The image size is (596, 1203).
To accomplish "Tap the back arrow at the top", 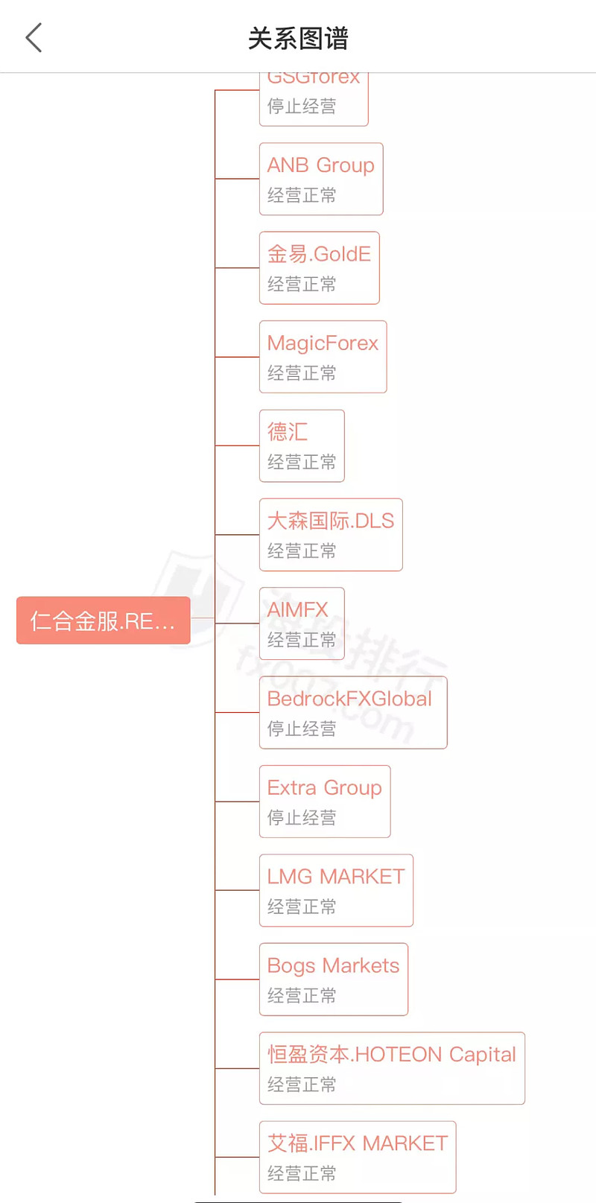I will [x=34, y=38].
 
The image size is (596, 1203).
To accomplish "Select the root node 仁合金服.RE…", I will [x=104, y=620].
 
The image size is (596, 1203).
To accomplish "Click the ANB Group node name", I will [x=320, y=165].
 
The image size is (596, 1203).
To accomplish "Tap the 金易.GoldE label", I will [x=319, y=254].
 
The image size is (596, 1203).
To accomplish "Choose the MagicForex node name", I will [x=323, y=343].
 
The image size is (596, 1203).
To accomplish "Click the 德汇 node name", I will [x=288, y=432].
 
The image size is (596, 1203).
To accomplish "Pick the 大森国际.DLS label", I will [x=330, y=521].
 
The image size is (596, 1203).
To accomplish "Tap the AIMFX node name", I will [x=297, y=610].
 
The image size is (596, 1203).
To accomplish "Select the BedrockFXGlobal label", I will [x=349, y=699].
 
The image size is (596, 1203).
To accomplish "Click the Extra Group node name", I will [x=324, y=787].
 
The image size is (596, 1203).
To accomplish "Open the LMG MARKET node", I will [x=336, y=877].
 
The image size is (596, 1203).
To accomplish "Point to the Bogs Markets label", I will [x=333, y=965].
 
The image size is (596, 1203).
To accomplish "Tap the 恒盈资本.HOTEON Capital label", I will [x=391, y=1055].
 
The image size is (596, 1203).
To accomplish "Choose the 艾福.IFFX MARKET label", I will [x=358, y=1143].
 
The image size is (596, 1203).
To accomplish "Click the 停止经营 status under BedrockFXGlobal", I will [x=302, y=729].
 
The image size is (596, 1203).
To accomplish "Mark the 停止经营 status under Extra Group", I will [x=302, y=817].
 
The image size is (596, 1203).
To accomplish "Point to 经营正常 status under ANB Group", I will [x=302, y=195].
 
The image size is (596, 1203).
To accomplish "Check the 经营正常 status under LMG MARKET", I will [x=302, y=907].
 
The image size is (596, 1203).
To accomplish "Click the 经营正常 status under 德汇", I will [x=302, y=462].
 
